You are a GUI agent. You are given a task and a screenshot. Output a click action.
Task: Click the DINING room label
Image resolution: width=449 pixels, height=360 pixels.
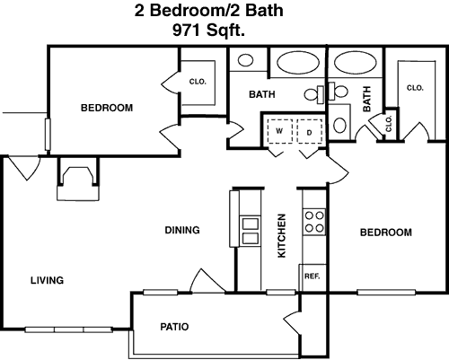182,230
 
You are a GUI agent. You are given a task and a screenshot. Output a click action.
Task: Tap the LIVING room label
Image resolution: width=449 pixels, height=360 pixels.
48,280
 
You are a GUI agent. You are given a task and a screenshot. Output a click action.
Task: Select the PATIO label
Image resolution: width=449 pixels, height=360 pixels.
174,327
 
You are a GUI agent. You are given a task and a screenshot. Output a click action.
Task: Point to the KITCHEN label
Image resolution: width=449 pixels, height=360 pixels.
282,235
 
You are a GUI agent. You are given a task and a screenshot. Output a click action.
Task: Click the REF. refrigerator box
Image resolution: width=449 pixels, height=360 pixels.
313,277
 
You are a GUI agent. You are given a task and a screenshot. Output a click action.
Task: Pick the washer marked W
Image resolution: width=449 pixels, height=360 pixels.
280,131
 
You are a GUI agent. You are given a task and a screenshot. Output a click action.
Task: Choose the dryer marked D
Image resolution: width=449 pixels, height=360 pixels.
310,132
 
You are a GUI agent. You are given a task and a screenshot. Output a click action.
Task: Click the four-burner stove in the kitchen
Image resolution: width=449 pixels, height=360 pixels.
314,222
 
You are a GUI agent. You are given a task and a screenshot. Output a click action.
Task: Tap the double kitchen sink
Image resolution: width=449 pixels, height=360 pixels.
251,232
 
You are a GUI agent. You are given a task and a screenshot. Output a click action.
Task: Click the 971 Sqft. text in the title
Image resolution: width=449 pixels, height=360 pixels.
208,31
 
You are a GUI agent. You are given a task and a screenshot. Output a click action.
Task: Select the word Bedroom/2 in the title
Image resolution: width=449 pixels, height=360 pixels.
196,10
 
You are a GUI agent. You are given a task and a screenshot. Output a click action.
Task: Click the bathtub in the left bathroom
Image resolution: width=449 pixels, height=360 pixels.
298,63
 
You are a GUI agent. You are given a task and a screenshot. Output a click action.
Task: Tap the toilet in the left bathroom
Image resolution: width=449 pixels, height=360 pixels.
314,94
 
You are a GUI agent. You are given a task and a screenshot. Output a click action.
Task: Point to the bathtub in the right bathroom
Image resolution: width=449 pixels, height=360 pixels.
355,63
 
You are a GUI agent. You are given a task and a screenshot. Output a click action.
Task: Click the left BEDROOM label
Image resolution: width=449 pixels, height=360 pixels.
107,108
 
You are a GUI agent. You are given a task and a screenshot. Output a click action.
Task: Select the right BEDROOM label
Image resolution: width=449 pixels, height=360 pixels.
386,233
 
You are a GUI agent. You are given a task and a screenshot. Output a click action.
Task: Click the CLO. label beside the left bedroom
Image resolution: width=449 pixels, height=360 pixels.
198,82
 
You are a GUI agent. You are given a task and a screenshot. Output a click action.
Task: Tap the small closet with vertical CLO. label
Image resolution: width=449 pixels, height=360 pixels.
389,124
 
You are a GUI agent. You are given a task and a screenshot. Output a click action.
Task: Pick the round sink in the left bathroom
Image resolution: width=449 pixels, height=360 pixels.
245,60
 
